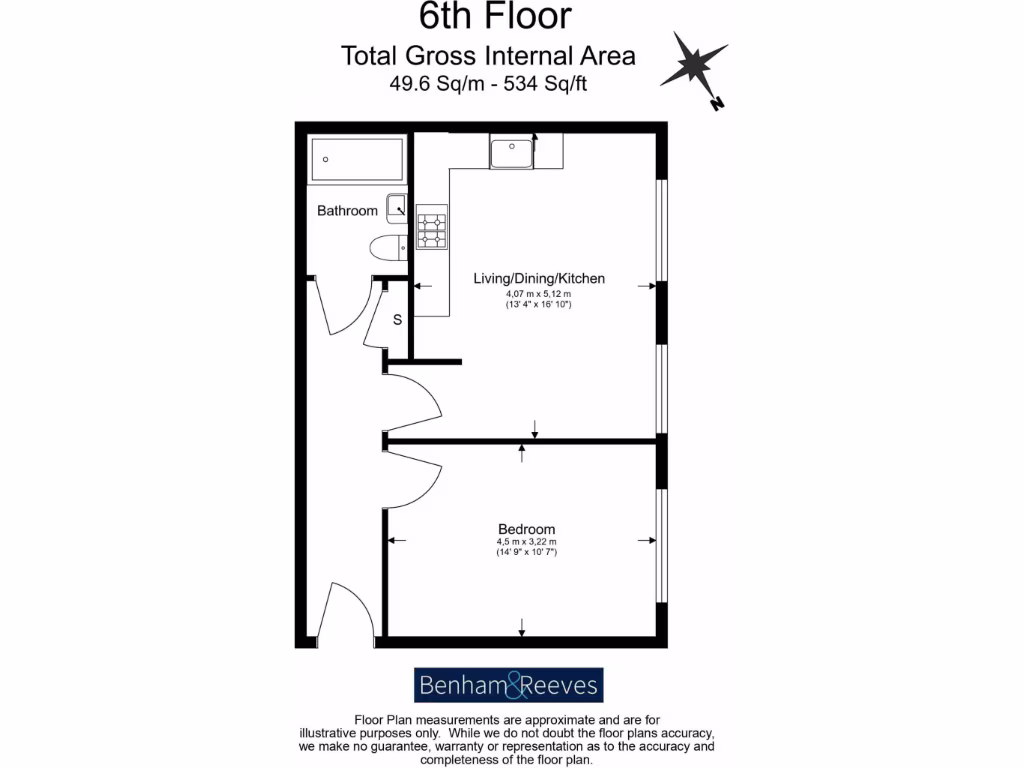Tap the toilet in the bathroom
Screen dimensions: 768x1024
(x=386, y=247)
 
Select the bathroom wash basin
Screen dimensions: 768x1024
(x=397, y=207)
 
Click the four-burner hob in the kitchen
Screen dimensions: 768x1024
(x=432, y=229)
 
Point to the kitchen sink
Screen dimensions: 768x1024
(x=511, y=153)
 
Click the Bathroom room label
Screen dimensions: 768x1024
(x=347, y=211)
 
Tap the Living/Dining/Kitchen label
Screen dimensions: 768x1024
(x=539, y=278)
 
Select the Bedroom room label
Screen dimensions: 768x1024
(x=526, y=529)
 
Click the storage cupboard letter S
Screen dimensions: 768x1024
(x=397, y=320)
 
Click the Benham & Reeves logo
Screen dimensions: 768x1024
(x=509, y=686)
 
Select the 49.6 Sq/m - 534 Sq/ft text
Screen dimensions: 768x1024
(x=488, y=84)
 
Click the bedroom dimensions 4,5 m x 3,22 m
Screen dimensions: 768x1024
(x=526, y=543)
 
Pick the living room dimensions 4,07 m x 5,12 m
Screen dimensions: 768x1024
(x=539, y=294)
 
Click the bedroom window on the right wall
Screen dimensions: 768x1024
(x=660, y=545)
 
